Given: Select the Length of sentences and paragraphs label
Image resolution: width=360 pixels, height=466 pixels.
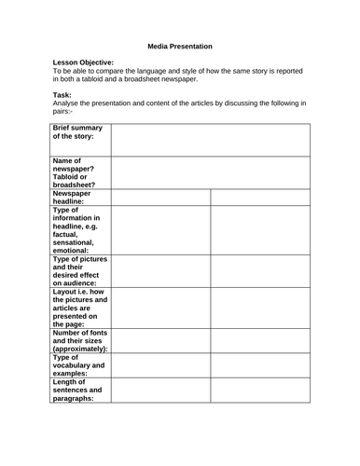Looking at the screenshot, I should [x=78, y=390].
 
